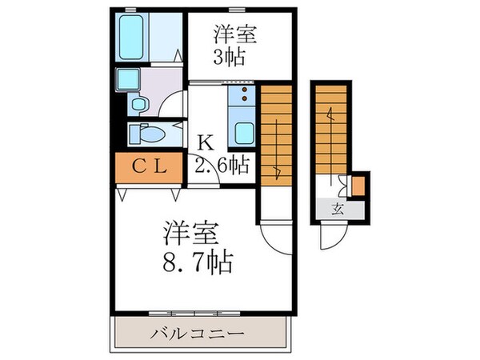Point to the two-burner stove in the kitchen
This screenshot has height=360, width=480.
239,97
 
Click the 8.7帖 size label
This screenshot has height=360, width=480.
202,259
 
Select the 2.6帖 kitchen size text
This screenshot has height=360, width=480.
222,166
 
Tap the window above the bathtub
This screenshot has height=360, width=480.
130,10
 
